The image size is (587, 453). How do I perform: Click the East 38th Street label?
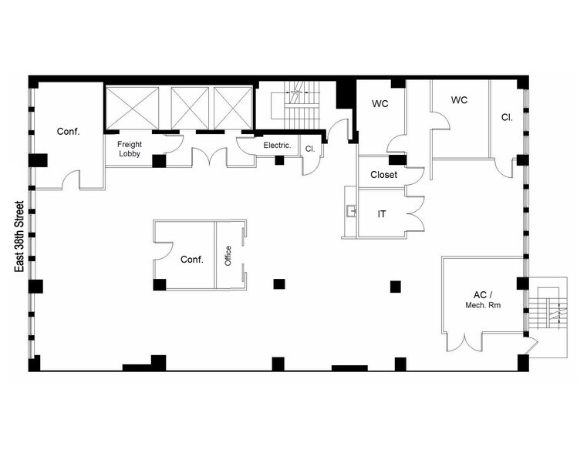pos(20,237)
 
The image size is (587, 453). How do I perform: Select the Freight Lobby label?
pos(129,149)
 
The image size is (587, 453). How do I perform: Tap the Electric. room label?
pos(277,145)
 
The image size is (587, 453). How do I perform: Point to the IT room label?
pos(381,214)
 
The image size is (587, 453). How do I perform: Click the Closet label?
pos(383,175)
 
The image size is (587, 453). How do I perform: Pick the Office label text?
pos(228,256)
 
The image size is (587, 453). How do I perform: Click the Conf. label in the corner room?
pos(69,131)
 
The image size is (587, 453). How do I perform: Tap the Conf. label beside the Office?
pos(191,260)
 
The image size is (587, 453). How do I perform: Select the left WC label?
pos(380,103)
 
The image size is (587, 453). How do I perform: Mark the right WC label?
pos(459,100)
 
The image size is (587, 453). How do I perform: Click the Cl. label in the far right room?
pos(507,118)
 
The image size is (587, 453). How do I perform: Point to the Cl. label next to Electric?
pos(309,149)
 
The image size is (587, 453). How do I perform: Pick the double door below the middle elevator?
pos(212,156)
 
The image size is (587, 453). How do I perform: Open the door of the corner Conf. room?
pos(71,182)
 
